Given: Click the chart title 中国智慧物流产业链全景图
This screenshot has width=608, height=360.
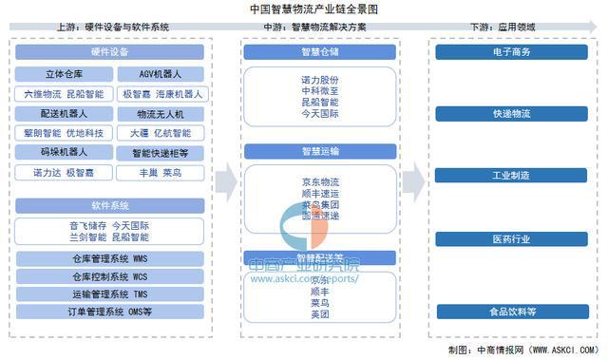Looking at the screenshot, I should tap(305, 9).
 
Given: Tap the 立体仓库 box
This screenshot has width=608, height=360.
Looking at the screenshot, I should tap(64, 73).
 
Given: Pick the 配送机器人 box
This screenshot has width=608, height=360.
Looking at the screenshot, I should tap(64, 113).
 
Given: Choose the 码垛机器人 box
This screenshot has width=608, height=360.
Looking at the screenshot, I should tap(64, 151).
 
